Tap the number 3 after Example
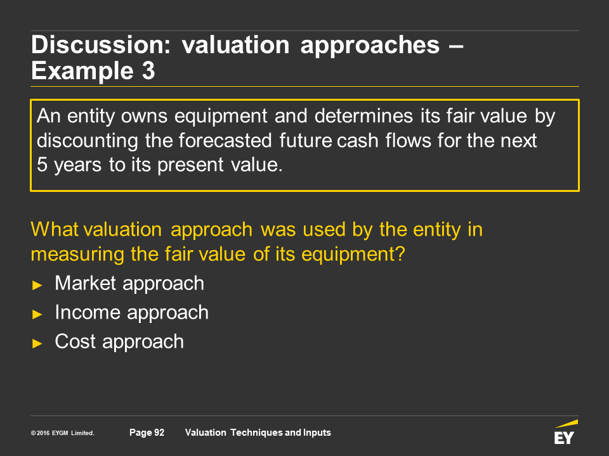pos(148,70)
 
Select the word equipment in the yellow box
pos(221,117)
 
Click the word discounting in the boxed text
pos(88,141)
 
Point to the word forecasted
pos(225,141)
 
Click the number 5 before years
pos(42,165)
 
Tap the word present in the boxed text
pos(191,165)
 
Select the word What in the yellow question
pos(55,229)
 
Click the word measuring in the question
pos(77,255)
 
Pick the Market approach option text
pos(129,284)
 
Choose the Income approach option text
pos(132,313)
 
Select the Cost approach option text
pos(119,342)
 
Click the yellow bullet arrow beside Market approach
pos(37,286)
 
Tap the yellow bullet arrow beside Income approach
pos(37,314)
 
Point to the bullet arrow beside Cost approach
pos(37,343)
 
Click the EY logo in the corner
pos(565,432)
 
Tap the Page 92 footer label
pos(147,433)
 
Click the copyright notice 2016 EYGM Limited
pos(63,433)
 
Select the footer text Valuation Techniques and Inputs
pos(258,433)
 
